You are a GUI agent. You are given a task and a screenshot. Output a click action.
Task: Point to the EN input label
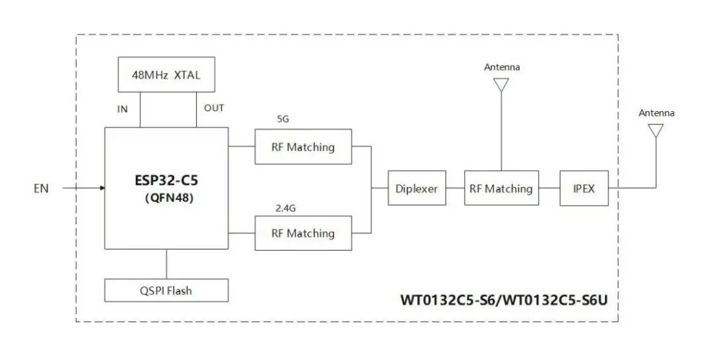[x=42, y=189]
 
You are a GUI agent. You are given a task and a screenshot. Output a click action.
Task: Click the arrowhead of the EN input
[x=102, y=189]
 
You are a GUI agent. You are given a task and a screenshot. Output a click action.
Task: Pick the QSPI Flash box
[x=166, y=290]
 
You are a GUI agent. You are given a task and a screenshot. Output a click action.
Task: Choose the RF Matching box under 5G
[x=303, y=147]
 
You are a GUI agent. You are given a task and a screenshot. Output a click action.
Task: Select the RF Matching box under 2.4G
[x=303, y=233]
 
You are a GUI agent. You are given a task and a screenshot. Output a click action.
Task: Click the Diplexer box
[x=416, y=189]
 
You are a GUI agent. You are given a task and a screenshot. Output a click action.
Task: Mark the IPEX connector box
[x=583, y=189]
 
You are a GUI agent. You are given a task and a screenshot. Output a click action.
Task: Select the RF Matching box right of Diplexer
[x=501, y=189]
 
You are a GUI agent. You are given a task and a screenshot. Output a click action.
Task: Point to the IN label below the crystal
[x=122, y=109]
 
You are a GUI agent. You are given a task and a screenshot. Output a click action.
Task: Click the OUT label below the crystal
[x=214, y=108]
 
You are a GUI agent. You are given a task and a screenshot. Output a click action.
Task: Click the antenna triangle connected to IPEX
[x=656, y=131]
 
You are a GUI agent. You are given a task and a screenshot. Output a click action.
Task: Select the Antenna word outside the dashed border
[x=656, y=113]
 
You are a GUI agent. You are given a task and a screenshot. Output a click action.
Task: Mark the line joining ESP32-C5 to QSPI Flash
[x=166, y=264]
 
